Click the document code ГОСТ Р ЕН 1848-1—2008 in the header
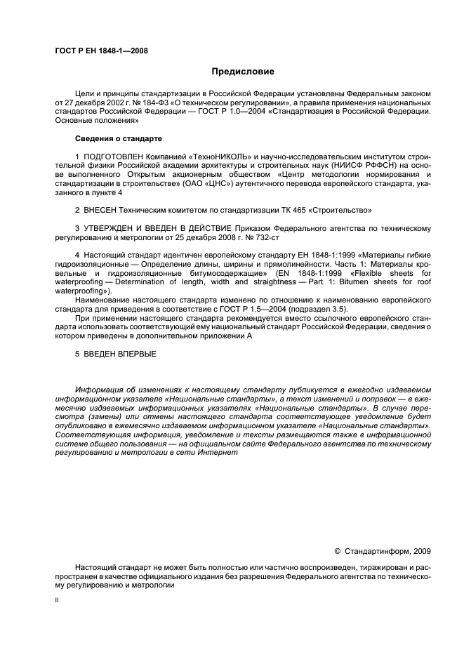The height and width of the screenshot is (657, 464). tap(101, 50)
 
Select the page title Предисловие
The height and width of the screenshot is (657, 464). tap(243, 72)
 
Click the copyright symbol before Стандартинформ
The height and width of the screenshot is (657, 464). tap(337, 551)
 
